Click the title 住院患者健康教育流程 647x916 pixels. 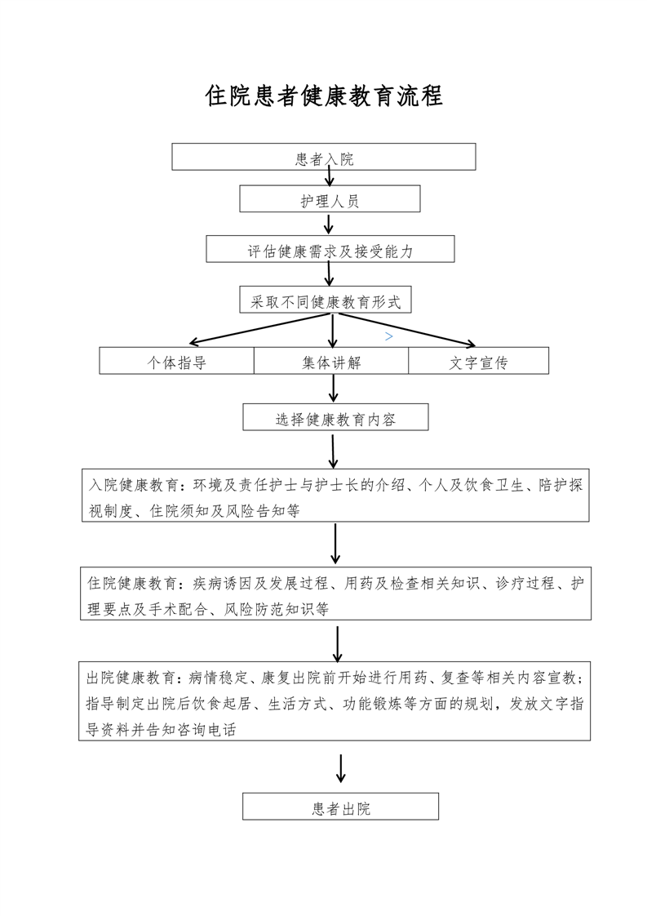[324, 96]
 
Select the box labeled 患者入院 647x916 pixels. [324, 158]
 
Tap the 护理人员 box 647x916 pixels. [330, 199]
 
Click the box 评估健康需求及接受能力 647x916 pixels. [330, 251]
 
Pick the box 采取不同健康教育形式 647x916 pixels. [326, 300]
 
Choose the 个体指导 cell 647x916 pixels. [176, 362]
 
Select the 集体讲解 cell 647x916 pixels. [330, 362]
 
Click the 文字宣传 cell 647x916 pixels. [478, 362]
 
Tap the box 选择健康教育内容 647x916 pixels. [335, 419]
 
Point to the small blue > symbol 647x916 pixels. [389, 336]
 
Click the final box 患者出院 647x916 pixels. [340, 807]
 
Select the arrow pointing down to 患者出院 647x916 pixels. [341, 767]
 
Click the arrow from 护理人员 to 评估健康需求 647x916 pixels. [329, 224]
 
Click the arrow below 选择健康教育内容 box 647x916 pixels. [333, 450]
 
